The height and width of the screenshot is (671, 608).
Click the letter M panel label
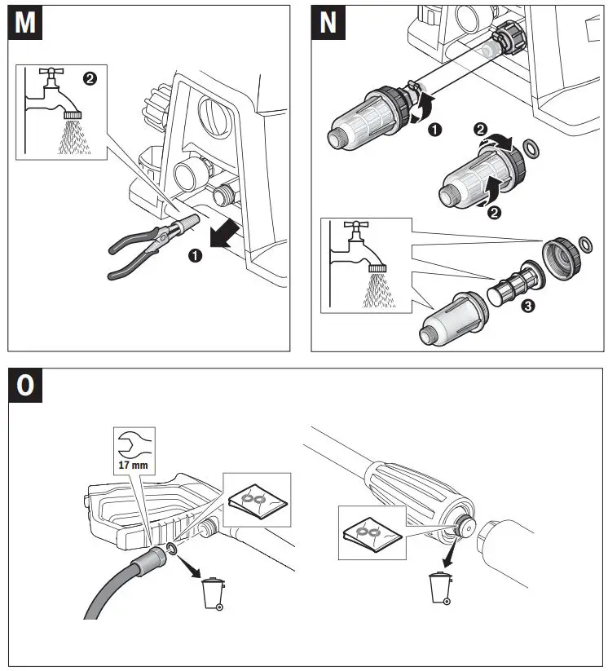coord(26,23)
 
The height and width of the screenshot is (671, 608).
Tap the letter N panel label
coord(328,23)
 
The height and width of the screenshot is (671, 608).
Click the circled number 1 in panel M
coord(196,254)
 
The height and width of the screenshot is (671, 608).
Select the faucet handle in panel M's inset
coord(54,73)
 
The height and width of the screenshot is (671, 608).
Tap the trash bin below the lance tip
coord(440,589)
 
